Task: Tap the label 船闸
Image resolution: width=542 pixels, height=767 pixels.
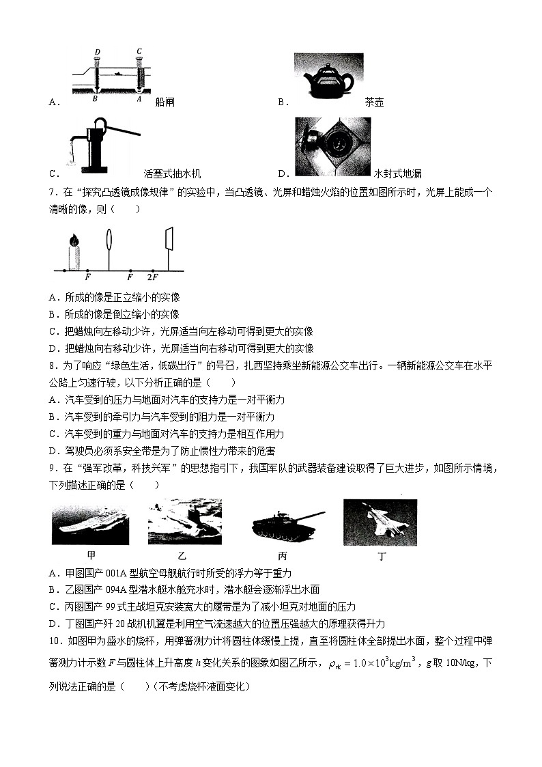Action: point(165,102)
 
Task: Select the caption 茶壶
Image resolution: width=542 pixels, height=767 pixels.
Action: point(374,102)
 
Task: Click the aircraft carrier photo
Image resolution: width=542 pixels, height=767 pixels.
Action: point(91,525)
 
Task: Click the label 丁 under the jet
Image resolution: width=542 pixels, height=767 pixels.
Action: point(382,556)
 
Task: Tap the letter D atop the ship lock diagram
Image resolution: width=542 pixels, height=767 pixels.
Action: point(98,52)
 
